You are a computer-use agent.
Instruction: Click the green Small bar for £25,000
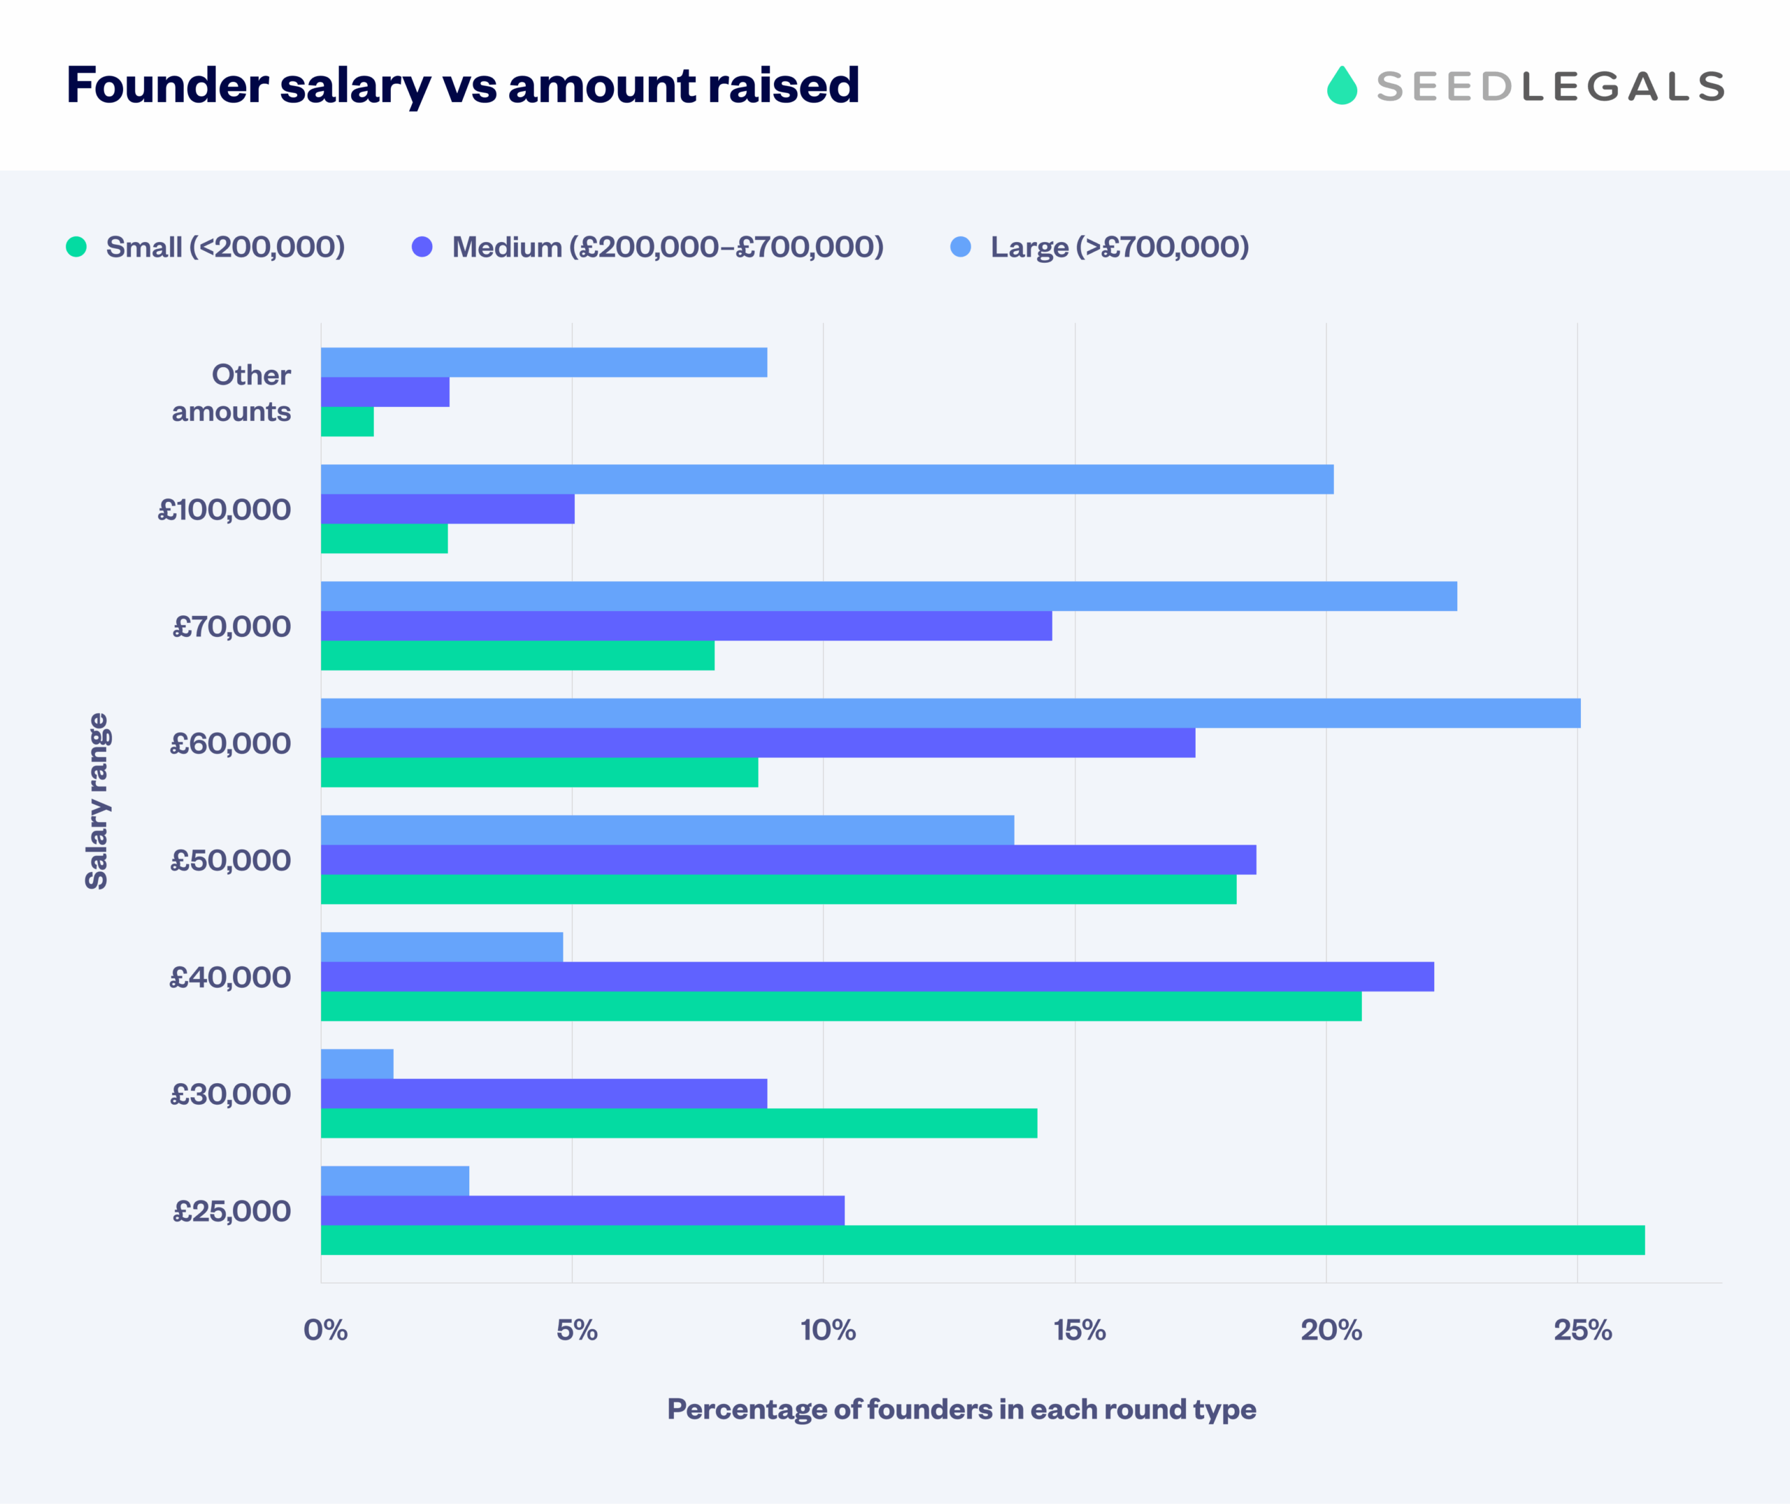982,1240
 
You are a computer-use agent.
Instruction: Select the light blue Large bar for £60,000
950,712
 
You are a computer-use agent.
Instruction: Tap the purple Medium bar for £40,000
877,976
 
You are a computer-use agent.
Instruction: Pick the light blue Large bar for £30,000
357,1063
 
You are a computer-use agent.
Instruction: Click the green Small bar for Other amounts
347,421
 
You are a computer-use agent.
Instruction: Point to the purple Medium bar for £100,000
447,509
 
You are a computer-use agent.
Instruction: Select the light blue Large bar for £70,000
889,596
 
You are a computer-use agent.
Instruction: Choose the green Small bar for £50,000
778,889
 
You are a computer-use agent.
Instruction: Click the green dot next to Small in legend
77,248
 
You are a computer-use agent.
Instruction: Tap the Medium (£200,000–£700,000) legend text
668,248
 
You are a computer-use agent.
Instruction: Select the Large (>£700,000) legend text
1119,248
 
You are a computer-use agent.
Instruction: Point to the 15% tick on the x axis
1079,1330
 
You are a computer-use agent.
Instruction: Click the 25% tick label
1582,1330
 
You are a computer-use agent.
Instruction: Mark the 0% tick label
326,1330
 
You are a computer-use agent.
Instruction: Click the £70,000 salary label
232,626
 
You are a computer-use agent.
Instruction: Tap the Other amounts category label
232,393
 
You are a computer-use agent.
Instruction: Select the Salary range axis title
96,801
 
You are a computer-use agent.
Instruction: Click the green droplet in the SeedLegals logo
1342,86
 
